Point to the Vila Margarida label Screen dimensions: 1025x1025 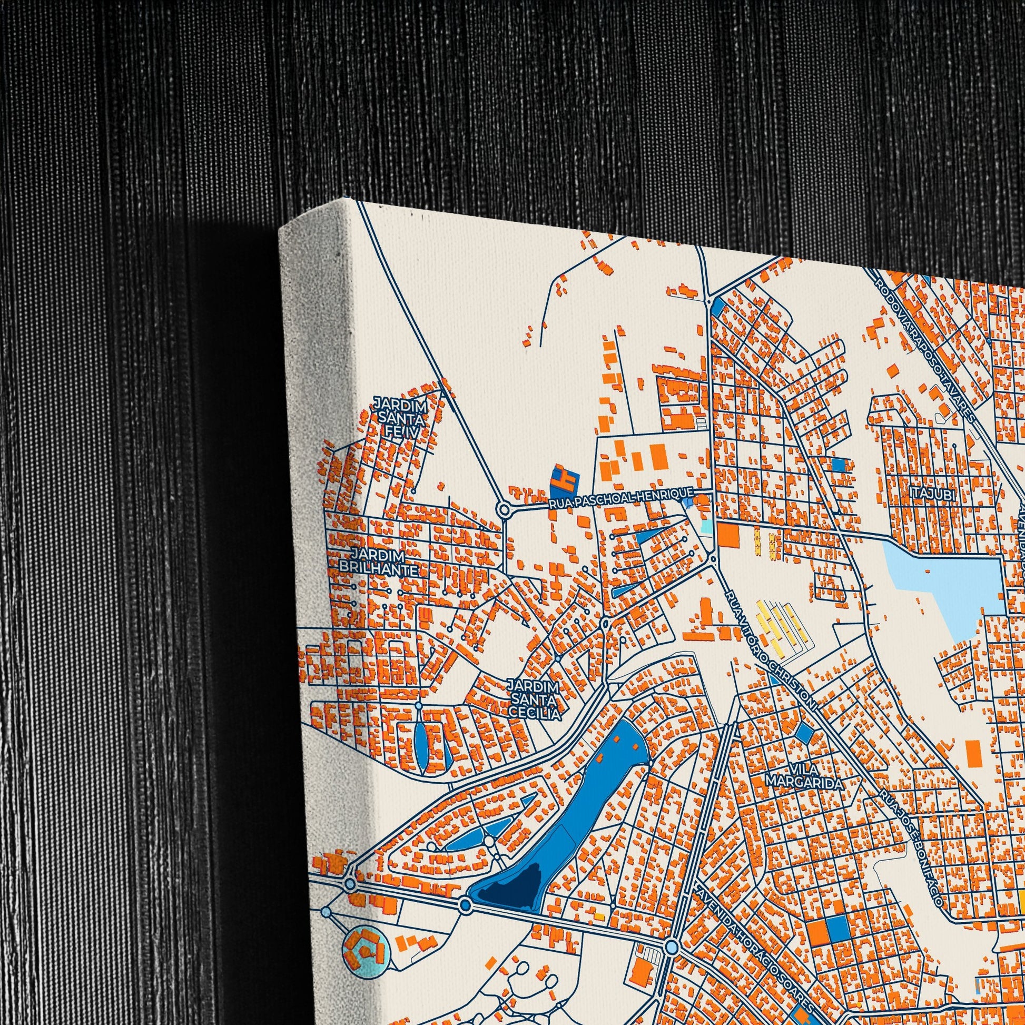coord(804,776)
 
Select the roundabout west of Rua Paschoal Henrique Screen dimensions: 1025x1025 coord(504,510)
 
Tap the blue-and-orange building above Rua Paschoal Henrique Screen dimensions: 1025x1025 coord(564,481)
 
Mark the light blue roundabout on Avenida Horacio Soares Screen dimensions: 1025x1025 coord(672,932)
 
